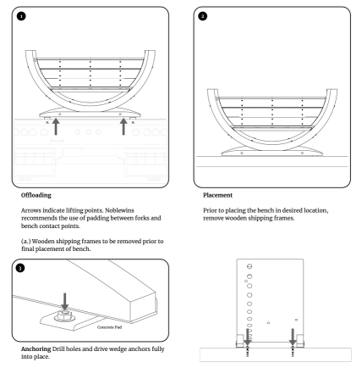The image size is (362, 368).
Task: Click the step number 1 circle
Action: pyautogui.click(x=21, y=16)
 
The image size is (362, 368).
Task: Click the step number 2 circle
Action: pyautogui.click(x=203, y=16)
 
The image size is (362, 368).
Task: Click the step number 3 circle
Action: pyautogui.click(x=20, y=268)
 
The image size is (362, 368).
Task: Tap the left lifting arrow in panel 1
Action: pyautogui.click(x=56, y=126)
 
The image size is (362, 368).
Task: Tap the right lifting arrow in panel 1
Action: pyautogui.click(x=123, y=126)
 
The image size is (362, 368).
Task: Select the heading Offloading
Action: pyautogui.click(x=36, y=195)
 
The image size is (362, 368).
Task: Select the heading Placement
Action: pyautogui.click(x=217, y=195)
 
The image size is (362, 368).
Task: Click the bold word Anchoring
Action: pyautogui.click(x=36, y=348)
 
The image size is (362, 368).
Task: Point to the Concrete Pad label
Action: pyautogui.click(x=109, y=327)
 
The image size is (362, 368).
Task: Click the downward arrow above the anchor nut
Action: pyautogui.click(x=65, y=302)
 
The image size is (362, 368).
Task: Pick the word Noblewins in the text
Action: pyautogui.click(x=119, y=210)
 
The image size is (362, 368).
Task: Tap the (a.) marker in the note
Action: pyautogui.click(x=26, y=241)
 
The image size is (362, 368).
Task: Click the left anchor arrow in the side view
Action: pyautogui.click(x=247, y=337)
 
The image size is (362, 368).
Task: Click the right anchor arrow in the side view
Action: pyautogui.click(x=293, y=337)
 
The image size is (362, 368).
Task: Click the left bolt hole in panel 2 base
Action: pyautogui.click(x=242, y=153)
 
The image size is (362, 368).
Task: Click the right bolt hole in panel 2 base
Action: pyautogui.click(x=302, y=153)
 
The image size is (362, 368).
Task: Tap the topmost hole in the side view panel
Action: pyautogui.click(x=250, y=266)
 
